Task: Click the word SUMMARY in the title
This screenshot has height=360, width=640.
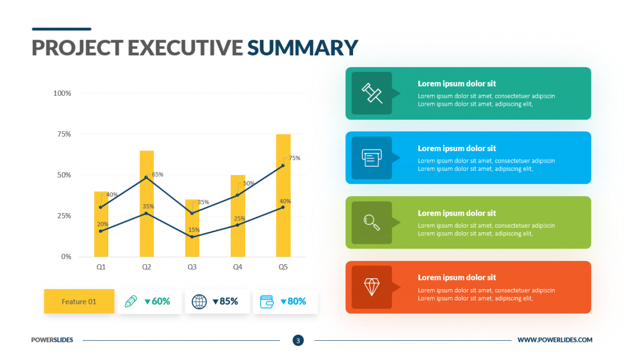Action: [x=303, y=47]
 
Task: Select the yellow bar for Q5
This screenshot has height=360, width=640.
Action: [x=283, y=195]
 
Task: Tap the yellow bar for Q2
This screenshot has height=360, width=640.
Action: [x=146, y=204]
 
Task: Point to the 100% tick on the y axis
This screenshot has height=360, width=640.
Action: [x=62, y=93]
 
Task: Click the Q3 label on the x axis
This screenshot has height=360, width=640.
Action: [x=192, y=267]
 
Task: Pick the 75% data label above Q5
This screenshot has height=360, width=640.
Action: [x=294, y=158]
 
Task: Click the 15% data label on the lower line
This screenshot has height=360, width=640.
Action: [x=194, y=230]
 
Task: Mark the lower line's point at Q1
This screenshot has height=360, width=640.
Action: [x=101, y=231]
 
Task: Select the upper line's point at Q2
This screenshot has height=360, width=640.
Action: [x=146, y=177]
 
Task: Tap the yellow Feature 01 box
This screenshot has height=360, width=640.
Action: [x=79, y=301]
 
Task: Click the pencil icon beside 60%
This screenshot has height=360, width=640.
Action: [x=131, y=301]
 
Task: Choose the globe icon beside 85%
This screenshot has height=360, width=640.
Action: [x=199, y=302]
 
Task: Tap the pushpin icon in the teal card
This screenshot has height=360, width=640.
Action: [x=372, y=93]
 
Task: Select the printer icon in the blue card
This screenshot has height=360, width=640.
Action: [x=372, y=157]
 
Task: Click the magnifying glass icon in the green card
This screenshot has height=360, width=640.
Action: [x=372, y=222]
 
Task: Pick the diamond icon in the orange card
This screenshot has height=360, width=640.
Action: [x=372, y=287]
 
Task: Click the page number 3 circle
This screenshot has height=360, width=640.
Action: [x=298, y=340]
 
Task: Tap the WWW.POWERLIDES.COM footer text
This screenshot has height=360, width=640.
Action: [x=555, y=340]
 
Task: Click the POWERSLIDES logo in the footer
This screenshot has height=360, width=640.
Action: [x=52, y=340]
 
